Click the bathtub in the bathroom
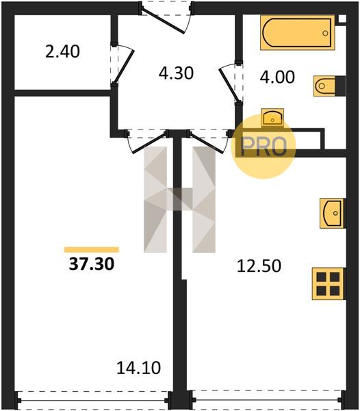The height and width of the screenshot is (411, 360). pos(298,32)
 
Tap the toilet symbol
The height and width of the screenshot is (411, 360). pos(329,86)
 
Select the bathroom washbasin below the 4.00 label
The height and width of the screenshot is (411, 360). pos(272,118)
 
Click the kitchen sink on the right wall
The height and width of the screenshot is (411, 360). pos(333,213)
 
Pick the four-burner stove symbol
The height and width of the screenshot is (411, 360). pos(329,284)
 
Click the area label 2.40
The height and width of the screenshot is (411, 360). pos(62,51)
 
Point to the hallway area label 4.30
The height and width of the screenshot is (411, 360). pos(176,73)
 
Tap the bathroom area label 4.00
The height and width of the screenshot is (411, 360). pos(277,77)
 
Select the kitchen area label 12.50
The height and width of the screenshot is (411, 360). pos(259,266)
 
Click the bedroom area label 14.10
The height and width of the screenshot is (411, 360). pos(138,368)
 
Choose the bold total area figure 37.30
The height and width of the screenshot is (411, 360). pos(92,264)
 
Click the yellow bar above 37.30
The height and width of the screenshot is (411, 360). pos(92,249)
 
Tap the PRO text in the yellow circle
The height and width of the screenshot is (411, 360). pos(264,147)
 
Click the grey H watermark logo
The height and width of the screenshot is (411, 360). pos(179,199)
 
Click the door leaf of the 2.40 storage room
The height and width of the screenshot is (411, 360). pos(124,66)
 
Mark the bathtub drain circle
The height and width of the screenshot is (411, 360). pos(326,33)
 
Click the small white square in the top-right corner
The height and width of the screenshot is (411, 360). pos(342,18)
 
